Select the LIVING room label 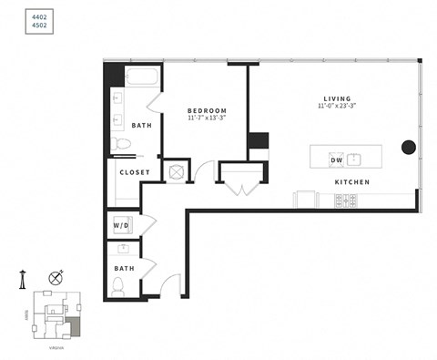pos(337,98)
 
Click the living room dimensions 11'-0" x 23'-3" pos(337,107)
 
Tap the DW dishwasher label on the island pos(336,160)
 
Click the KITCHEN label pos(351,182)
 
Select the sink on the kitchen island pos(356,159)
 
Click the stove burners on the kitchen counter pos(345,200)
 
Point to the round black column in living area pos(409,147)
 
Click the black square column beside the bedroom pos(259,141)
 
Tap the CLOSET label pos(135,171)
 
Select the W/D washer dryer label pos(121,224)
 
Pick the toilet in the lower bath pos(118,286)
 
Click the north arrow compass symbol pos(57,277)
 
